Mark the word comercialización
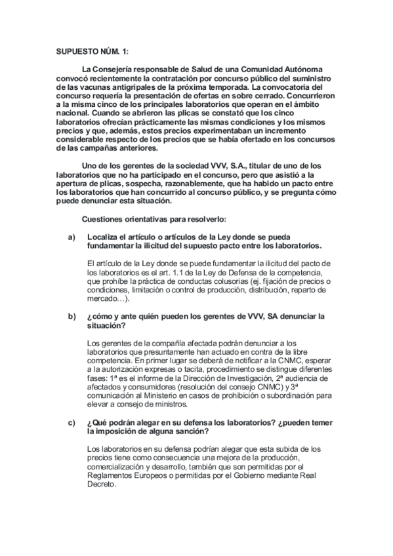click(x=119, y=466)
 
